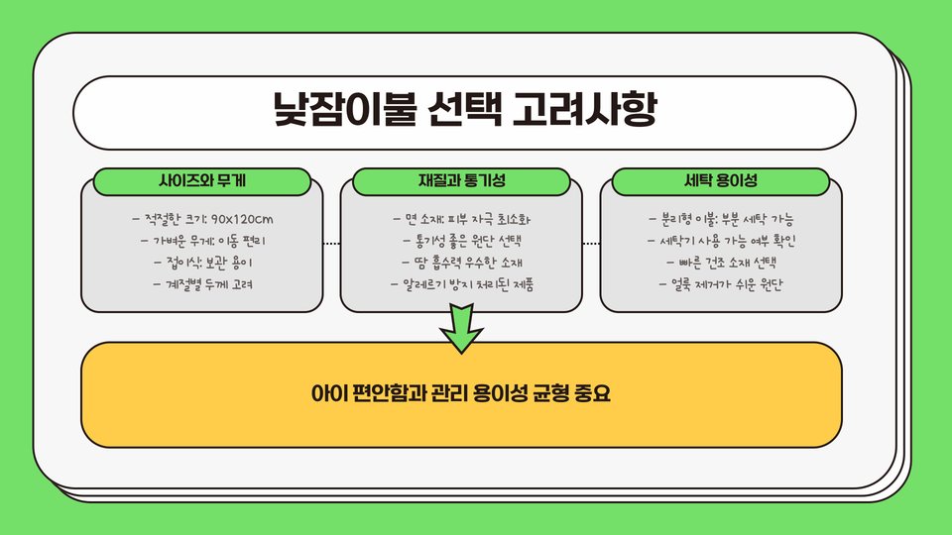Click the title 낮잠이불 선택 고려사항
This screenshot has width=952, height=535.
(x=464, y=110)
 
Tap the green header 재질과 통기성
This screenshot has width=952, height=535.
(x=462, y=181)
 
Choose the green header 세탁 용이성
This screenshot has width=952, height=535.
(x=721, y=181)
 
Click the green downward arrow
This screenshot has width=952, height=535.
(x=461, y=330)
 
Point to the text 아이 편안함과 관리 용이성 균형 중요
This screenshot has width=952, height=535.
(x=461, y=393)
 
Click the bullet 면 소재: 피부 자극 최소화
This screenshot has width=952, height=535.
(x=462, y=219)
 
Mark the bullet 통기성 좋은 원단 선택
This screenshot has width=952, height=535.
(x=462, y=241)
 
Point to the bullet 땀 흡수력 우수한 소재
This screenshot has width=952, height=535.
(x=462, y=263)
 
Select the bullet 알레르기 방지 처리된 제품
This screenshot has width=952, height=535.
(x=462, y=284)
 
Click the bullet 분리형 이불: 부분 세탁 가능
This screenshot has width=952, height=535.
(x=721, y=219)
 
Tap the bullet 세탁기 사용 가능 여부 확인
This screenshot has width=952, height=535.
(x=721, y=241)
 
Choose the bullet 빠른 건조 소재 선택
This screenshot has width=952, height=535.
(x=721, y=263)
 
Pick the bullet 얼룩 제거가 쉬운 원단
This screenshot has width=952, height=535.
(x=721, y=284)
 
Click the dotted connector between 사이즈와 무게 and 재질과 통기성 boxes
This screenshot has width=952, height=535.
(x=331, y=243)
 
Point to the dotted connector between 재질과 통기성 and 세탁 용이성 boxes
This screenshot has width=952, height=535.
(x=591, y=243)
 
